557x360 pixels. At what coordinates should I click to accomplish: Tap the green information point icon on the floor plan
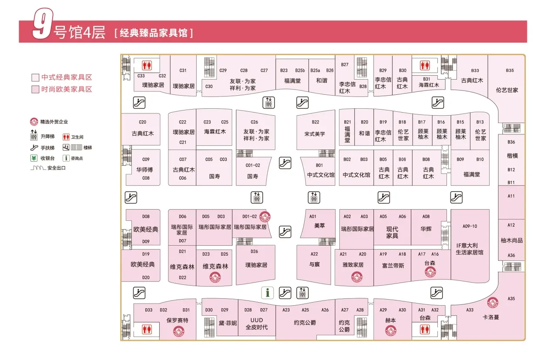point(267,293)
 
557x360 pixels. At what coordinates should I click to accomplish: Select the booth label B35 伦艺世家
point(507,90)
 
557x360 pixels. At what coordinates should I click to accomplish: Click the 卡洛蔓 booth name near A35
point(491,317)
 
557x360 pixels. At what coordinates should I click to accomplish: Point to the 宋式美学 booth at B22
point(315,134)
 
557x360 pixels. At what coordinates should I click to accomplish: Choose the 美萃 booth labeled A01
point(319,226)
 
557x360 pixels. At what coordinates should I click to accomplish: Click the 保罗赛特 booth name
point(177,320)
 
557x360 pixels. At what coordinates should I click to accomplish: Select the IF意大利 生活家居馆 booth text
point(470,249)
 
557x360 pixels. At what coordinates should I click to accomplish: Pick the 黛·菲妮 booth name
point(228,323)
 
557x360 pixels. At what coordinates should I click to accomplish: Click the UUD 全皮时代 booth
point(256,324)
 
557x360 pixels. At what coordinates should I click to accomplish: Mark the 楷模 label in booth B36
point(512,156)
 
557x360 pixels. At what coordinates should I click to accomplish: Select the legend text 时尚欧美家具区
point(67,89)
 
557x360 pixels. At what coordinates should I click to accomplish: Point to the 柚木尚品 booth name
point(511,240)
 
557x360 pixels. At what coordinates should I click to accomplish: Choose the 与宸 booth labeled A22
point(314,264)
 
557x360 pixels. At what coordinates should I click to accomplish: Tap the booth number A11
point(511,196)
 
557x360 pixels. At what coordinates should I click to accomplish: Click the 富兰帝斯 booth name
point(393,265)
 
